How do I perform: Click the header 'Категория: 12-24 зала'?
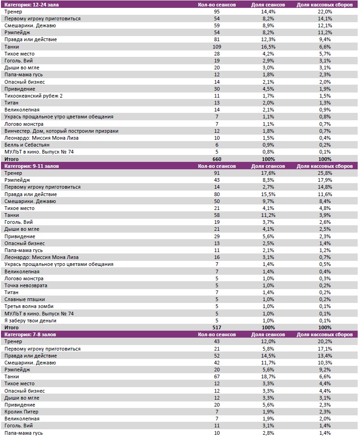[x=31, y=5]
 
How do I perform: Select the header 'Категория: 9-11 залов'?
[x=31, y=166]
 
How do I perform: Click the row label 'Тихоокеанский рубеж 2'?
[x=33, y=96]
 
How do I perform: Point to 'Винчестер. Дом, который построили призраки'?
[x=61, y=131]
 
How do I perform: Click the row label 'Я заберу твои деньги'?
[x=30, y=321]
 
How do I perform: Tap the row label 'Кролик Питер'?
[x=21, y=412]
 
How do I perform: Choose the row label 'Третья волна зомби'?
[x=29, y=306]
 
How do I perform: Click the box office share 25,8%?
[x=325, y=173]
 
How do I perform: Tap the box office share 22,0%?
[x=325, y=12]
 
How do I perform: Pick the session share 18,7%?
[x=268, y=376]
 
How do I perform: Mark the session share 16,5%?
[x=268, y=47]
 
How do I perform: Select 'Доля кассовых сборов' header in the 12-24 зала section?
[x=325, y=5]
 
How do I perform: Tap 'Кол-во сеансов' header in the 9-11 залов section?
[x=217, y=166]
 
